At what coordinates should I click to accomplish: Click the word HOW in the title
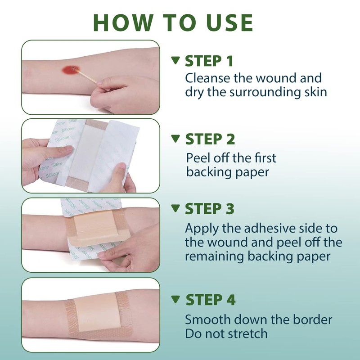[123, 22]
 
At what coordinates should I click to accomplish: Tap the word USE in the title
[229, 22]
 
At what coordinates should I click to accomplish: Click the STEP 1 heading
[209, 61]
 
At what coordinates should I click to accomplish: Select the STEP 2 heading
[210, 139]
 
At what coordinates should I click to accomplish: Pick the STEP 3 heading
[210, 209]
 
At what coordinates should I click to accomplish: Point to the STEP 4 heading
[211, 300]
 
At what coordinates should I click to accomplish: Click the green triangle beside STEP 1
[175, 60]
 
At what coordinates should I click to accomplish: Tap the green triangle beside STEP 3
[175, 208]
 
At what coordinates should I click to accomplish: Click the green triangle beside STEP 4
[175, 299]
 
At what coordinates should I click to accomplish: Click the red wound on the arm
[71, 70]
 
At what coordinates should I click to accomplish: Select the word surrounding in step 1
[265, 93]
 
